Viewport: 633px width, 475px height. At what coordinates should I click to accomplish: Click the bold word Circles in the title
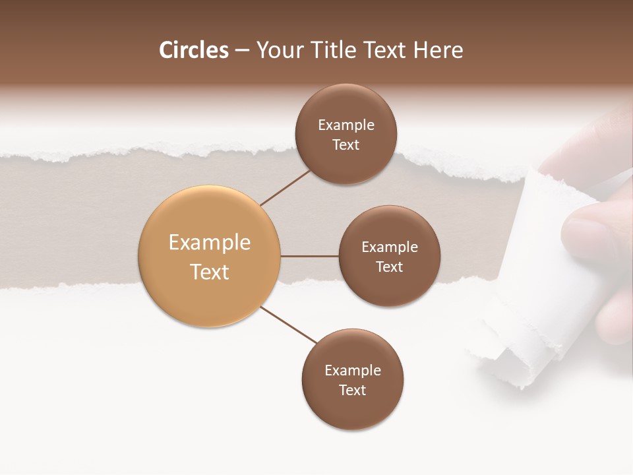pos(194,50)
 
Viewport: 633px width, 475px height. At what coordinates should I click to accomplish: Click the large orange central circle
pos(210,257)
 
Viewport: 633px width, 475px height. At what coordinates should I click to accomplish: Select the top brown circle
pos(346,135)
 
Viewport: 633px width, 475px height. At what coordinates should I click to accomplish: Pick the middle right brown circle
pos(390,257)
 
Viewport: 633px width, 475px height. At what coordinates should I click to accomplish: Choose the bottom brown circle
pos(353,380)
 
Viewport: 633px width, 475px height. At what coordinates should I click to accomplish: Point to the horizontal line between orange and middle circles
pos(309,256)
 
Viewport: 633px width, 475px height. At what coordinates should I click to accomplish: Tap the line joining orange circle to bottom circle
pos(289,325)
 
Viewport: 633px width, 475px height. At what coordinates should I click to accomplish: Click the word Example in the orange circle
pos(210,243)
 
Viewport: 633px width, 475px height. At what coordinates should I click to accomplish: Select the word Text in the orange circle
pos(210,272)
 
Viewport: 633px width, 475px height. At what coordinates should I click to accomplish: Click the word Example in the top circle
pos(346,125)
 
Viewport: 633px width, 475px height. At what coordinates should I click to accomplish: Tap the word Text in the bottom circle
pos(353,390)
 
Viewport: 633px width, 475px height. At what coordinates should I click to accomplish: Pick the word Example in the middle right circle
pos(390,247)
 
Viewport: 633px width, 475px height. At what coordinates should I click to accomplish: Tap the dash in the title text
pos(242,51)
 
